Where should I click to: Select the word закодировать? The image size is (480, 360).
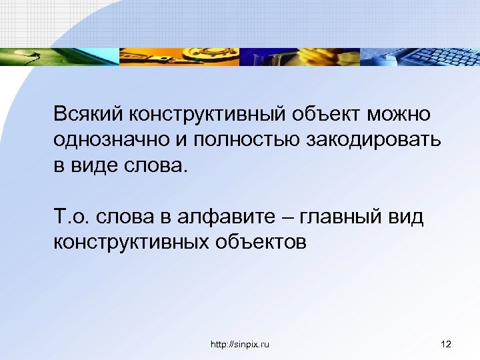(375, 139)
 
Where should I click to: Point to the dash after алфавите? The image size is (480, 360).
(289, 216)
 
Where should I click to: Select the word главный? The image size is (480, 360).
(340, 216)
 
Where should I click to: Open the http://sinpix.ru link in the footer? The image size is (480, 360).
(240, 344)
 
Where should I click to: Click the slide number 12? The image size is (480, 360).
(446, 344)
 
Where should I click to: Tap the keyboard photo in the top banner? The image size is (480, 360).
(420, 57)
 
